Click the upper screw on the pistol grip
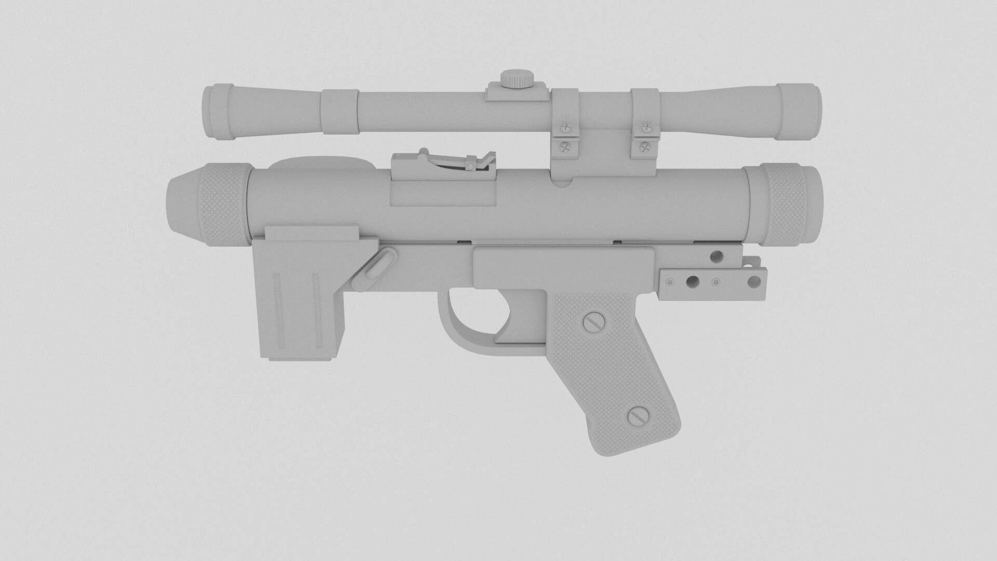click(594, 323)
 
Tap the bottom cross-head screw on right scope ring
click(646, 146)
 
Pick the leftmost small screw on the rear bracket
click(670, 282)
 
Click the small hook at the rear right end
click(751, 263)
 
